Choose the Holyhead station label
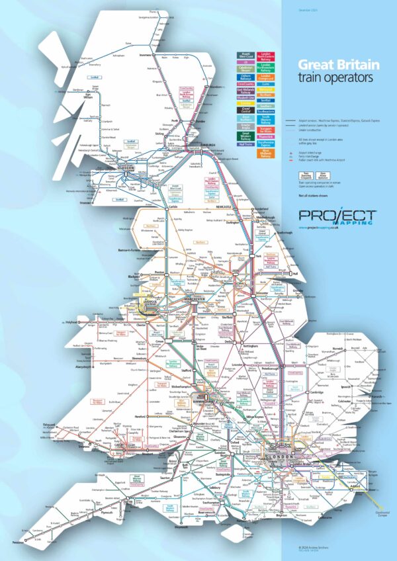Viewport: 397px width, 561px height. click(71, 322)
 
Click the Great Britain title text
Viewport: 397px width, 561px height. click(338, 65)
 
